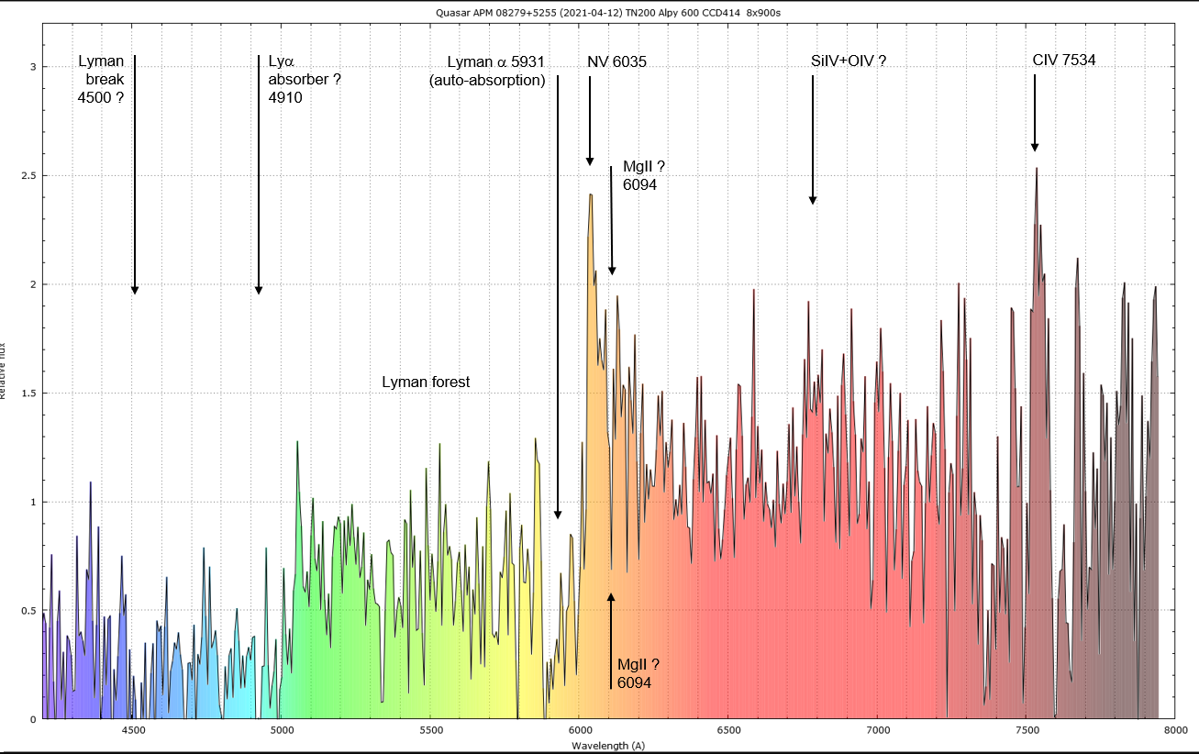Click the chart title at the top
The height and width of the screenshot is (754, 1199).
pyautogui.click(x=600, y=12)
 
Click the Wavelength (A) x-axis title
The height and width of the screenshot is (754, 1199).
pyautogui.click(x=608, y=746)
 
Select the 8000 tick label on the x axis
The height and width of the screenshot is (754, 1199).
pyautogui.click(x=1174, y=731)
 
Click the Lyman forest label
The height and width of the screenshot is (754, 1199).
pyautogui.click(x=426, y=382)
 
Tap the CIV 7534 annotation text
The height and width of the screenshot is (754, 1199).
pyautogui.click(x=1064, y=61)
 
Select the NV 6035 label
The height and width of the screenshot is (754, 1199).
pyautogui.click(x=617, y=61)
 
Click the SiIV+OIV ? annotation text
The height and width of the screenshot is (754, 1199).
pyautogui.click(x=849, y=61)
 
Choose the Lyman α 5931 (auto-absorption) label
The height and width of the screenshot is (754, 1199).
pyautogui.click(x=488, y=71)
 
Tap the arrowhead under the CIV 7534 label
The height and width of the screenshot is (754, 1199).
pyautogui.click(x=1035, y=147)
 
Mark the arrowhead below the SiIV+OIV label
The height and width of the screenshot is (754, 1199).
pyautogui.click(x=812, y=199)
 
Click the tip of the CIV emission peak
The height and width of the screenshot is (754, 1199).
pyautogui.click(x=1037, y=168)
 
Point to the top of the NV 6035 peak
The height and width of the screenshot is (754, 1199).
pyautogui.click(x=591, y=194)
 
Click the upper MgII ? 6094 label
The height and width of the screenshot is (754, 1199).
pyautogui.click(x=643, y=175)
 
